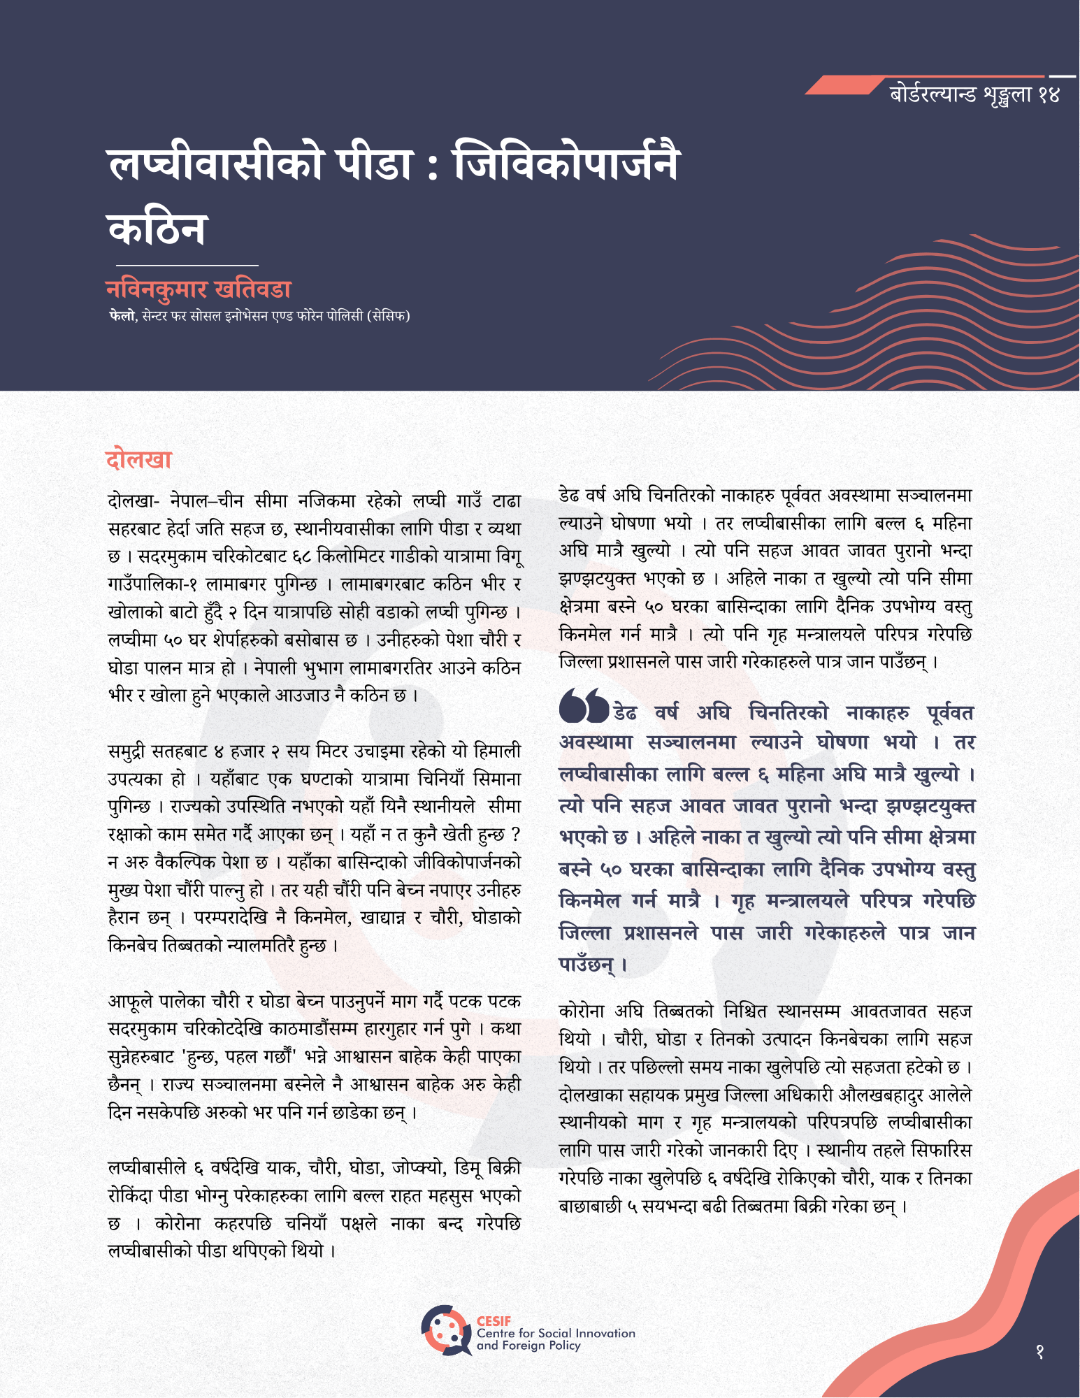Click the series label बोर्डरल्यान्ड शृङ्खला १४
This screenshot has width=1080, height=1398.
(x=974, y=94)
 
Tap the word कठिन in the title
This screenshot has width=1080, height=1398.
(x=157, y=229)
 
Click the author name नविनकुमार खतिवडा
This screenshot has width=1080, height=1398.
(x=199, y=289)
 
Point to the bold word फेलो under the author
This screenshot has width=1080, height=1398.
(x=121, y=316)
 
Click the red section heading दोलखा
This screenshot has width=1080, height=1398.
(x=138, y=459)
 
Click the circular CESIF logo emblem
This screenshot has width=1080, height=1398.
(x=445, y=1329)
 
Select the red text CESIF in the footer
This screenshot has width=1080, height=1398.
(x=494, y=1320)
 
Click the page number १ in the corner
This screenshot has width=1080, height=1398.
(x=1039, y=1352)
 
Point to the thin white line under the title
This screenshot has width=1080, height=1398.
(x=187, y=266)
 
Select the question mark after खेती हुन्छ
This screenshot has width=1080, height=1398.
(x=516, y=835)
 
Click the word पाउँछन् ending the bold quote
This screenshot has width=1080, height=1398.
(x=586, y=965)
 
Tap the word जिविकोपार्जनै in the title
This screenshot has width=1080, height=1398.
(x=566, y=165)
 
